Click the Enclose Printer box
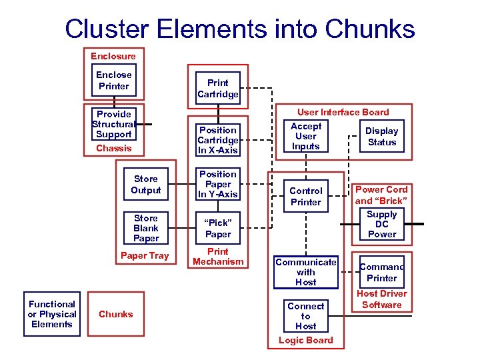(114, 81)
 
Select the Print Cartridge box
(218, 89)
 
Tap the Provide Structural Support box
(114, 124)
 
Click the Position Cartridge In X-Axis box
(218, 140)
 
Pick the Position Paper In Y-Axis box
(218, 184)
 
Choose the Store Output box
(146, 185)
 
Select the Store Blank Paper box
(146, 228)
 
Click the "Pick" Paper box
(218, 229)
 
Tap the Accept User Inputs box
(306, 136)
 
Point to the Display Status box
(382, 137)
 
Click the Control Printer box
(306, 196)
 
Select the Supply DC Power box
(382, 224)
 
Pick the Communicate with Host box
(306, 272)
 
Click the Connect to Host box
(306, 316)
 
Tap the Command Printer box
(382, 273)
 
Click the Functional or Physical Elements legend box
(51, 314)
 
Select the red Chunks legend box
(116, 314)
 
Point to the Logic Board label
(306, 340)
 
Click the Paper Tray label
(145, 255)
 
